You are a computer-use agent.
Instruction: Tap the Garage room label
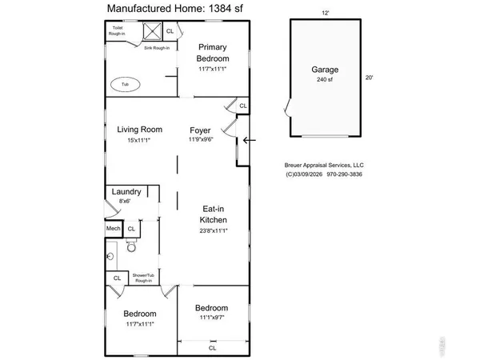point(324,70)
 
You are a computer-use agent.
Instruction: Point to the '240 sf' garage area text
point(324,80)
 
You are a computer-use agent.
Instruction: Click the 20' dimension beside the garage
point(369,78)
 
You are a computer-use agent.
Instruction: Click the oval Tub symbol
point(124,83)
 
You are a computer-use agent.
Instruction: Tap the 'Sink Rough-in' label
point(157,48)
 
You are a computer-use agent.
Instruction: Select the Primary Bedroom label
point(214,54)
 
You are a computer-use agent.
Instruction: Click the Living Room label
point(140,130)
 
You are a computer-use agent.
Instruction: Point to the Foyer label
point(200,130)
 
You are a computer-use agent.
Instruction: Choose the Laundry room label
point(126,191)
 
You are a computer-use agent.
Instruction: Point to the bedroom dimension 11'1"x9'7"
point(212,318)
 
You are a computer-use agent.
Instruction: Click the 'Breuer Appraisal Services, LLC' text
point(324,166)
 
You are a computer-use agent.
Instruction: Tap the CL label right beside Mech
point(131,229)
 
